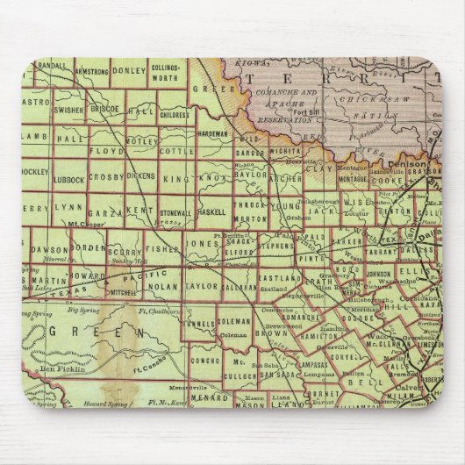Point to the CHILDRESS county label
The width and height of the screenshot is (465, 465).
[174, 114]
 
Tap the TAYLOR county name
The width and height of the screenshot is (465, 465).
[202, 285]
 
